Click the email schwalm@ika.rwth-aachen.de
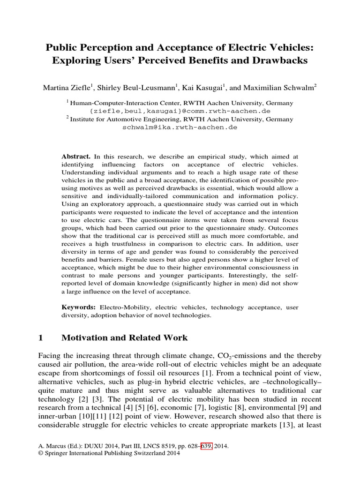click(x=180, y=127)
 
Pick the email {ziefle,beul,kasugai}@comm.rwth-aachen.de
click(x=180, y=111)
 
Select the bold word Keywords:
click(x=79, y=307)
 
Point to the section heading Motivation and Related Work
click(x=124, y=337)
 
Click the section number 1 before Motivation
click(x=40, y=337)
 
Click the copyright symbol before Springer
click(x=40, y=455)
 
